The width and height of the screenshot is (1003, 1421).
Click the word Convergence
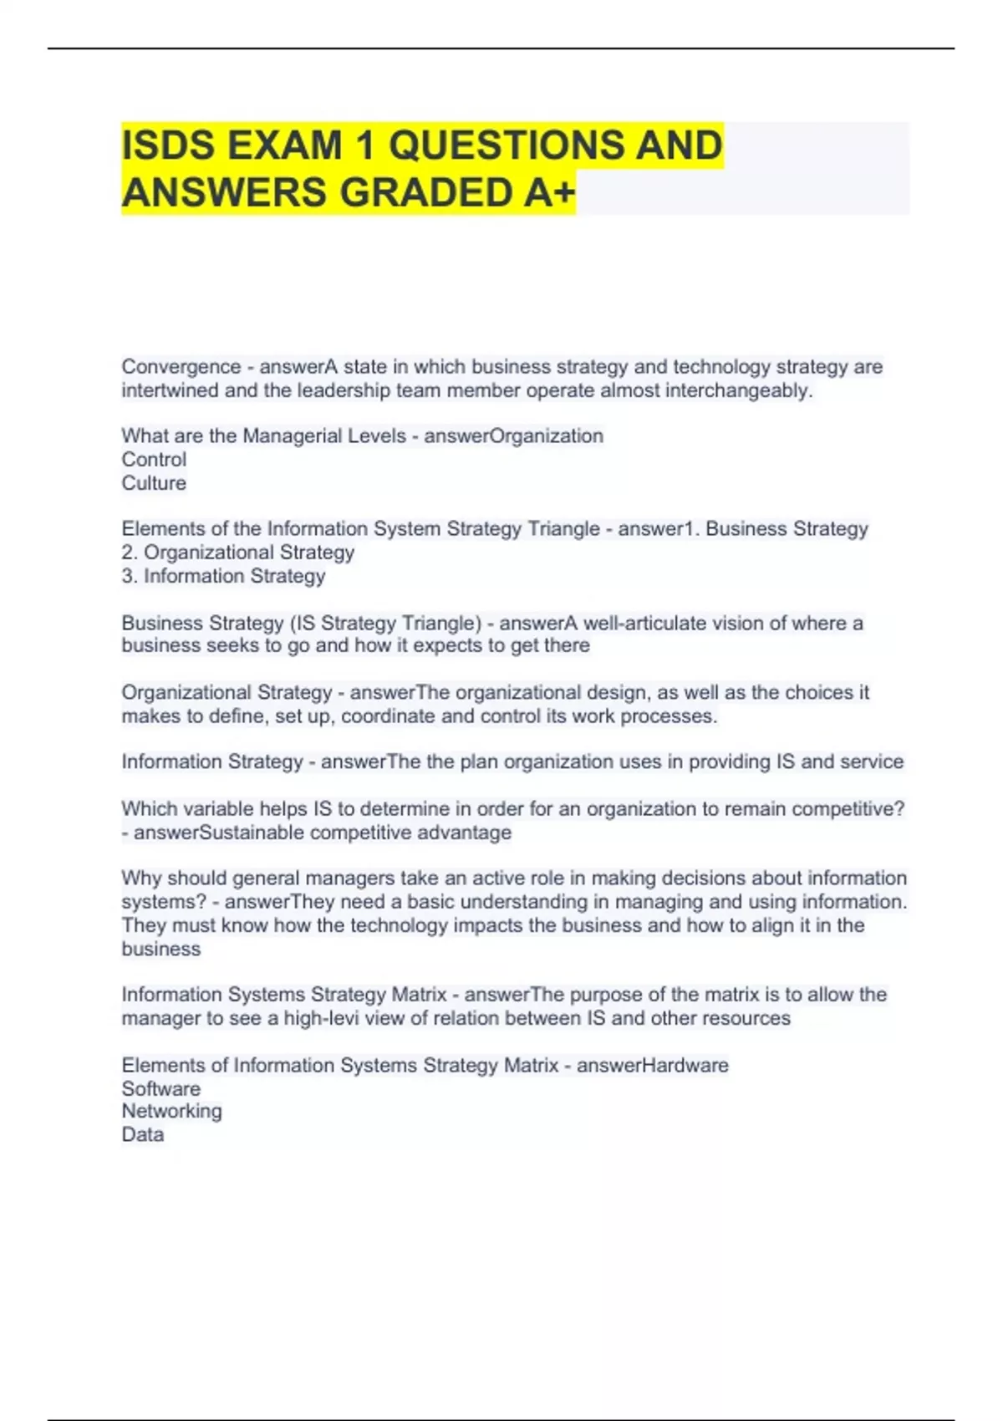(181, 367)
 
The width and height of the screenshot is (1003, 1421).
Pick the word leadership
(341, 390)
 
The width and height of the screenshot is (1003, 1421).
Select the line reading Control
(154, 460)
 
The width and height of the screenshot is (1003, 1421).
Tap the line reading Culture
(154, 483)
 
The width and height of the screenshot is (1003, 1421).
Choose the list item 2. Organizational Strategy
(238, 553)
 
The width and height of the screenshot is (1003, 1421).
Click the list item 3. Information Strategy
(223, 576)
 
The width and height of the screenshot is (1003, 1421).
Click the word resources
(746, 1018)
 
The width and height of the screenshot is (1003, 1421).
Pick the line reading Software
(160, 1088)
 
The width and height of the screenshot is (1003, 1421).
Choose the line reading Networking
(171, 1111)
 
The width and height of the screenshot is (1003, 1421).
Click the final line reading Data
(142, 1134)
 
